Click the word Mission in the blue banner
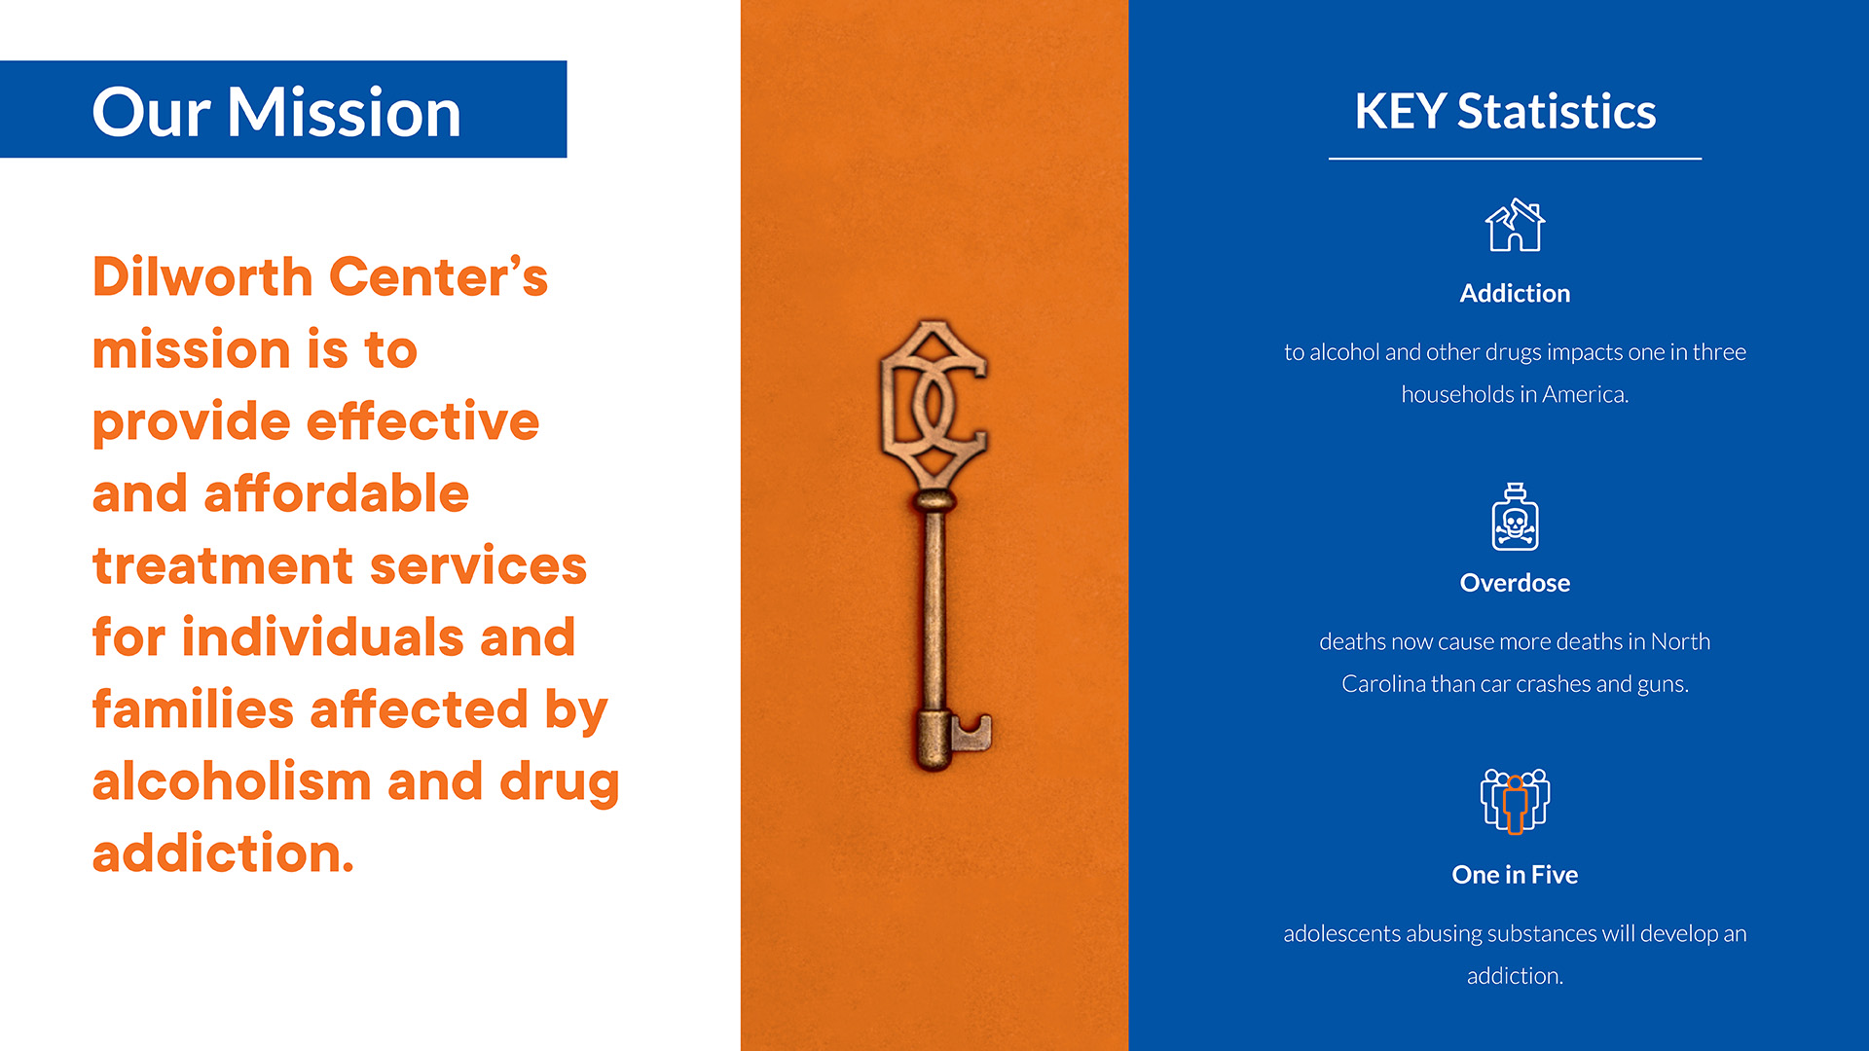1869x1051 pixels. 345,112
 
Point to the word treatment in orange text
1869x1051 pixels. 223,565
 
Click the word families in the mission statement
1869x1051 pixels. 193,708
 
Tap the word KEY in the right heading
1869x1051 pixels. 1400,111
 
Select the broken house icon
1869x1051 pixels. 1515,225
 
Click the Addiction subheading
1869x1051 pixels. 1515,293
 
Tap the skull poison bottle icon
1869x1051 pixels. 1515,517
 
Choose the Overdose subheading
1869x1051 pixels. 1515,583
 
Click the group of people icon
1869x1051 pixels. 1515,801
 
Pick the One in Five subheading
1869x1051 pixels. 1515,875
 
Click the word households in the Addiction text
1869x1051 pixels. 1457,394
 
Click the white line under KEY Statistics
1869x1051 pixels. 1515,158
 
